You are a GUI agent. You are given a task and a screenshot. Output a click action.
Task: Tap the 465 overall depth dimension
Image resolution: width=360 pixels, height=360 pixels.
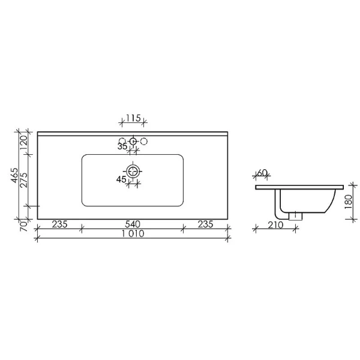(13, 178)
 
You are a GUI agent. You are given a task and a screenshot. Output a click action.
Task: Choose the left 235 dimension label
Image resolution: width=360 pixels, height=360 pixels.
(59, 224)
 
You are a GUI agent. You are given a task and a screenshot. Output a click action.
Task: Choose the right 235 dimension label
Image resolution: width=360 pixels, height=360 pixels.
(206, 224)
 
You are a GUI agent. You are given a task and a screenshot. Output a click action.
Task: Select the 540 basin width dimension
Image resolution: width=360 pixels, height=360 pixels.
(132, 224)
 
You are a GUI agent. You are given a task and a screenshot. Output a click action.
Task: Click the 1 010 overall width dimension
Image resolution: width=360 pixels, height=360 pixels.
(132, 235)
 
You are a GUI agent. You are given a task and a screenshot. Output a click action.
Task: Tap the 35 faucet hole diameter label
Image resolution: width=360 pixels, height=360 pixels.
(122, 146)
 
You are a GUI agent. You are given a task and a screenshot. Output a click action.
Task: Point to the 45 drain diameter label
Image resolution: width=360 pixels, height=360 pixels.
(121, 178)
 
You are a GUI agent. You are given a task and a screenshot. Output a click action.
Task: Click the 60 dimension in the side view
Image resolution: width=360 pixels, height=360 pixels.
(262, 173)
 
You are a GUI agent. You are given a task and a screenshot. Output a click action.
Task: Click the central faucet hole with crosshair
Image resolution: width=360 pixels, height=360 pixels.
(133, 142)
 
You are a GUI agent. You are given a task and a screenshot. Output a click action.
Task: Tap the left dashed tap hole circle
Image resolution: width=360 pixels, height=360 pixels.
(123, 141)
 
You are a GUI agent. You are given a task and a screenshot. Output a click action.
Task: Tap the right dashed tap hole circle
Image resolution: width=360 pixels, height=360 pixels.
(143, 141)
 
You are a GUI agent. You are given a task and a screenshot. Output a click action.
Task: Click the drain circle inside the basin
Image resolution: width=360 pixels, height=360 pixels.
(133, 171)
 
